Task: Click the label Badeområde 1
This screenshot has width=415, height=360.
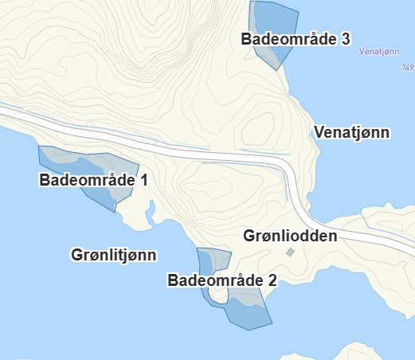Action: pos(93,181)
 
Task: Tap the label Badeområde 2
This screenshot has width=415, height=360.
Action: pos(222,280)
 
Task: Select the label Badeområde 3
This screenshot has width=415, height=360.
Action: pos(296,38)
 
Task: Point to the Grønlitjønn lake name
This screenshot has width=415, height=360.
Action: pos(113,255)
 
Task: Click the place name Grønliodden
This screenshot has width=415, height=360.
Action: pos(290,237)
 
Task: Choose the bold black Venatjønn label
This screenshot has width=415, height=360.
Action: pos(352,132)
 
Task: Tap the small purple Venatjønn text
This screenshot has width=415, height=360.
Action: pos(379,53)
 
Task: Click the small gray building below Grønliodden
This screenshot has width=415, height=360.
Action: pos(291,252)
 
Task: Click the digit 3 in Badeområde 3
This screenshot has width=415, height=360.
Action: pos(346,38)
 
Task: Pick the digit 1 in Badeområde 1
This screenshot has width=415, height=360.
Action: pos(144,181)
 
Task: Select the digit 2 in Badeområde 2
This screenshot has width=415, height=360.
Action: pos(272,280)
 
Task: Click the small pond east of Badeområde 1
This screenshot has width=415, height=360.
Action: pos(150,212)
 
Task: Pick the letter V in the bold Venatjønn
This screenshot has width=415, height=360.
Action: pos(319,132)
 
